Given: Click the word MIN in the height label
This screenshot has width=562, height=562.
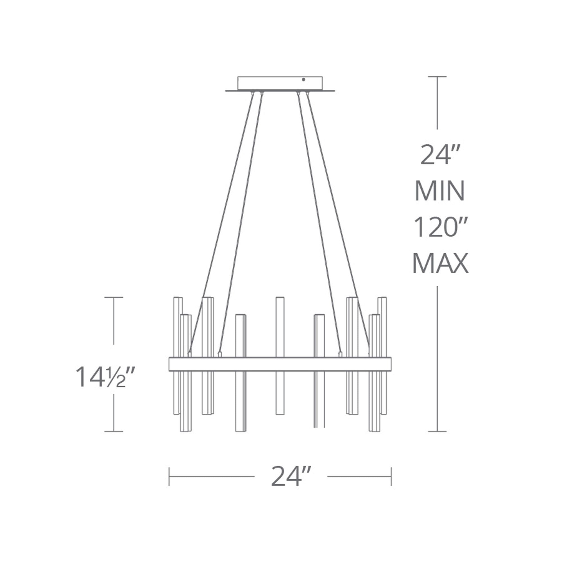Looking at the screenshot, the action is [439, 191].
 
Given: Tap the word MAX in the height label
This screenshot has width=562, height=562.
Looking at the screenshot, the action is [440, 263].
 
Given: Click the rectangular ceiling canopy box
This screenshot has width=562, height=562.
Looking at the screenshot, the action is [280, 83].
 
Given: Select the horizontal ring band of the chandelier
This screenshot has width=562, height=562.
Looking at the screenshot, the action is [280, 364].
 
